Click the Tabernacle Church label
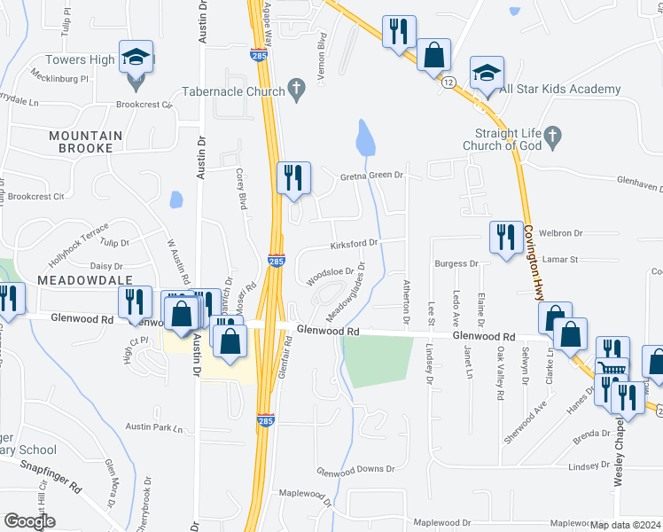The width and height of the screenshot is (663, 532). [233, 90]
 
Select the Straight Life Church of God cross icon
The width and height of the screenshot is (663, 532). [553, 135]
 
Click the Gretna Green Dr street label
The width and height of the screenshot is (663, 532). [371, 176]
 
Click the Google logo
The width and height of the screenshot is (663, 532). [29, 521]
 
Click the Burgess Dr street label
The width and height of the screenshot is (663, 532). [456, 263]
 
